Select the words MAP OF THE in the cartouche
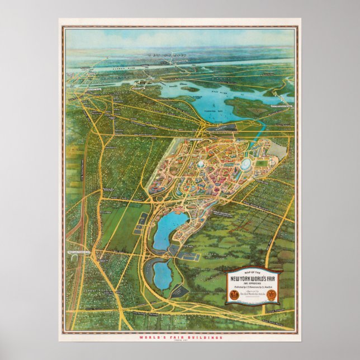click(253, 272)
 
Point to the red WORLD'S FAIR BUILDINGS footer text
click(179, 338)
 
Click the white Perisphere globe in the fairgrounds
click(200, 165)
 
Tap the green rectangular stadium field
click(262, 163)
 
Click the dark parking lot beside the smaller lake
click(180, 290)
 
